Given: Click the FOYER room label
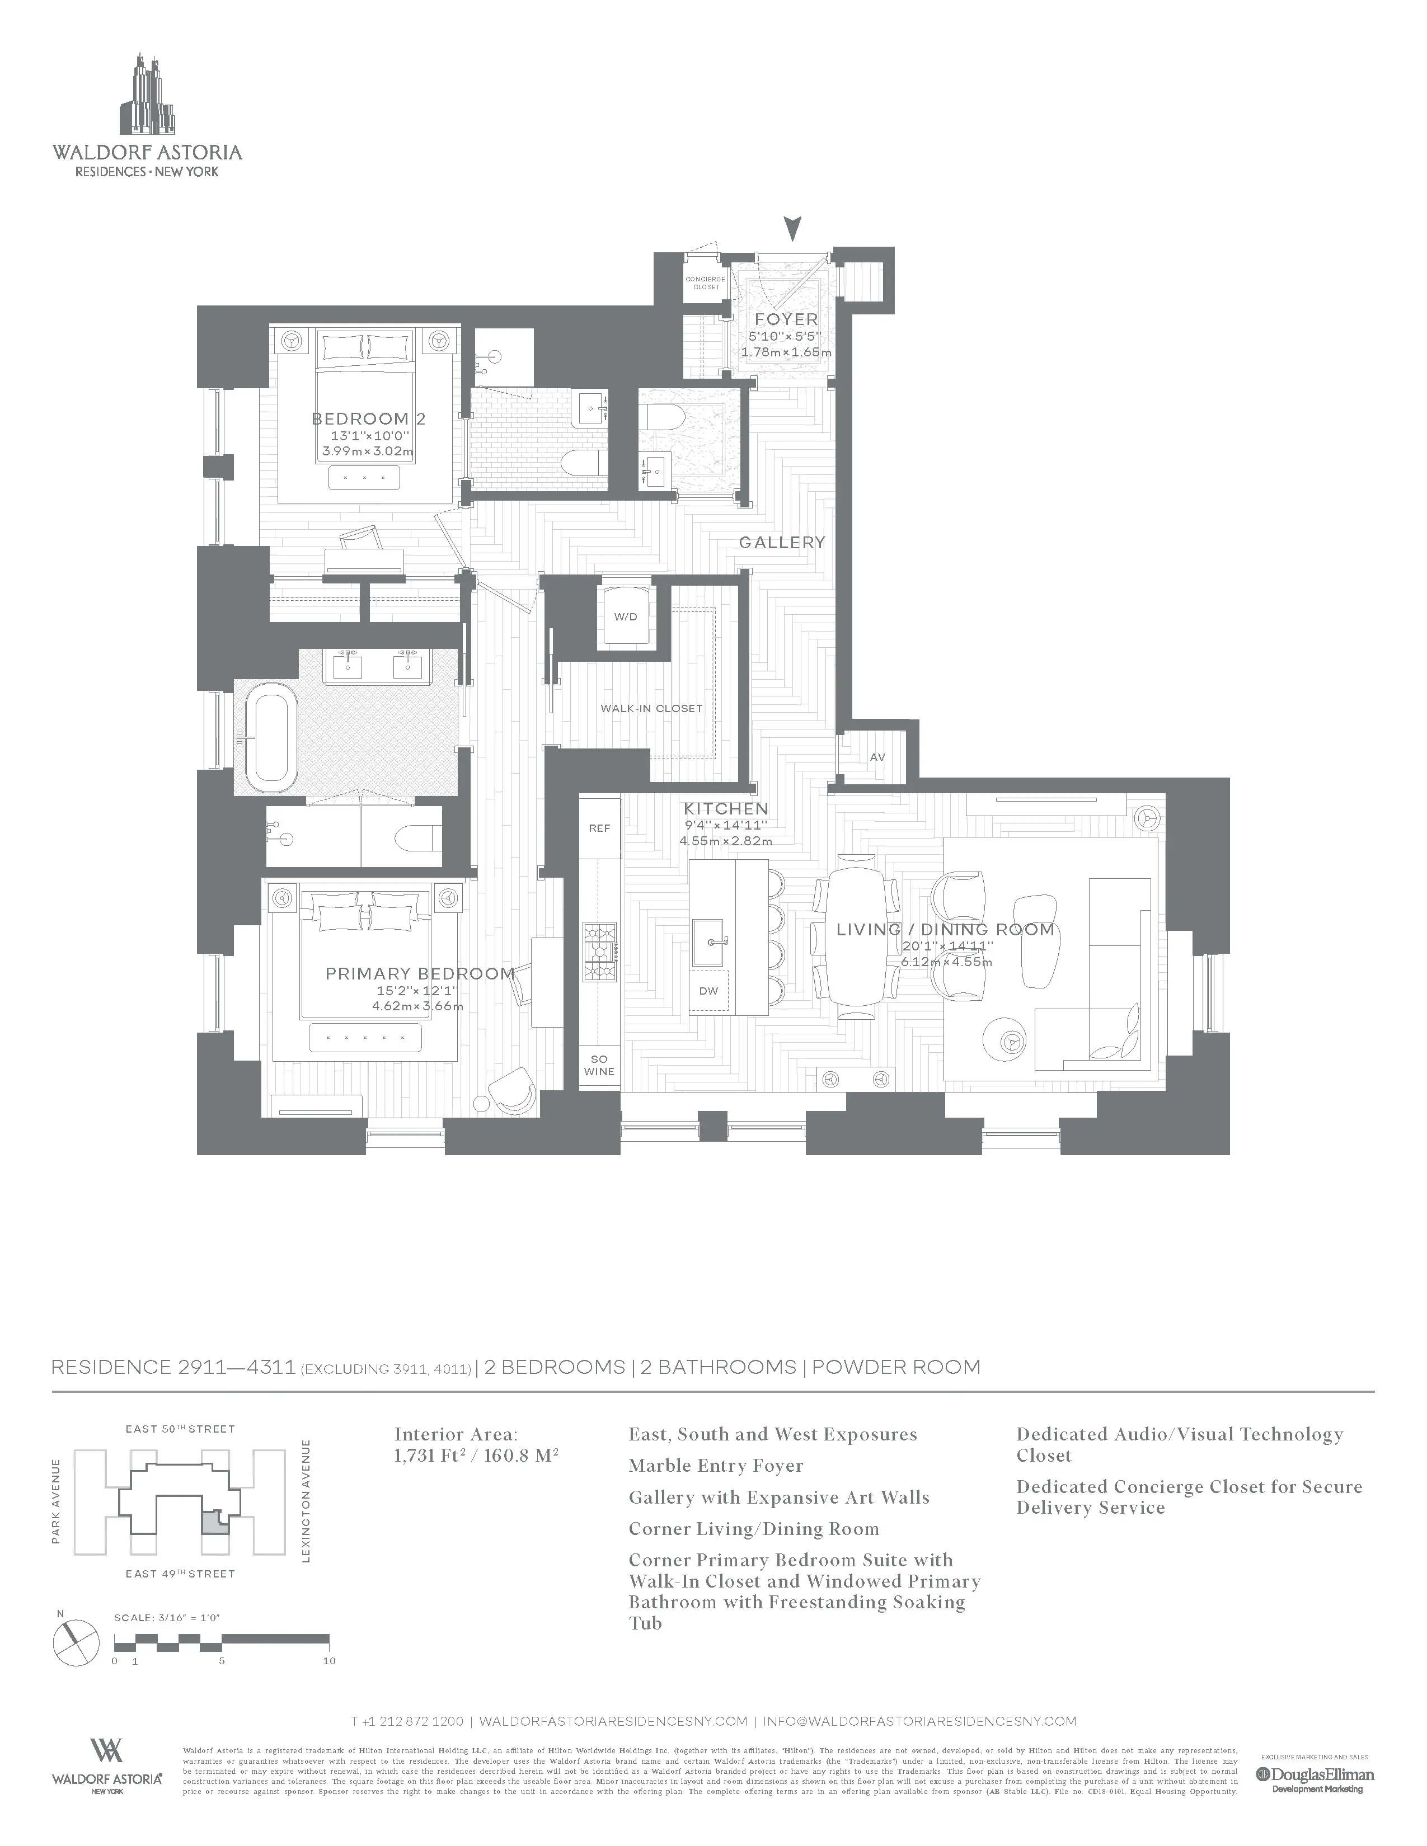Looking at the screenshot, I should click(x=786, y=319).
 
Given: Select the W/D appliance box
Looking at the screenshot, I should click(x=626, y=616).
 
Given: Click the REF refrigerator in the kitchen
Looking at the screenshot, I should click(x=599, y=828).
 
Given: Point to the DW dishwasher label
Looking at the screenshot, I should click(x=708, y=991).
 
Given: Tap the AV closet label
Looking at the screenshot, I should click(x=877, y=757).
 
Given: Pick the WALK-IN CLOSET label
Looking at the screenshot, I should click(x=651, y=708).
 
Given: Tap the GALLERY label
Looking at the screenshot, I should click(x=782, y=543).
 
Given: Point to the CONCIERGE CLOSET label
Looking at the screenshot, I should click(x=706, y=283).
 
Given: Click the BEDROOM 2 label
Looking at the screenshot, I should click(x=369, y=419).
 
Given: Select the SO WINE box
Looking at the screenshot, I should click(x=599, y=1066).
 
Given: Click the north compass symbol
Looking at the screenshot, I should click(x=76, y=1641).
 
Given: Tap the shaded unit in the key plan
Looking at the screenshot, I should click(x=217, y=1524).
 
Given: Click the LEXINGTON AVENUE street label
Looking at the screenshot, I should click(x=306, y=1500).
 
